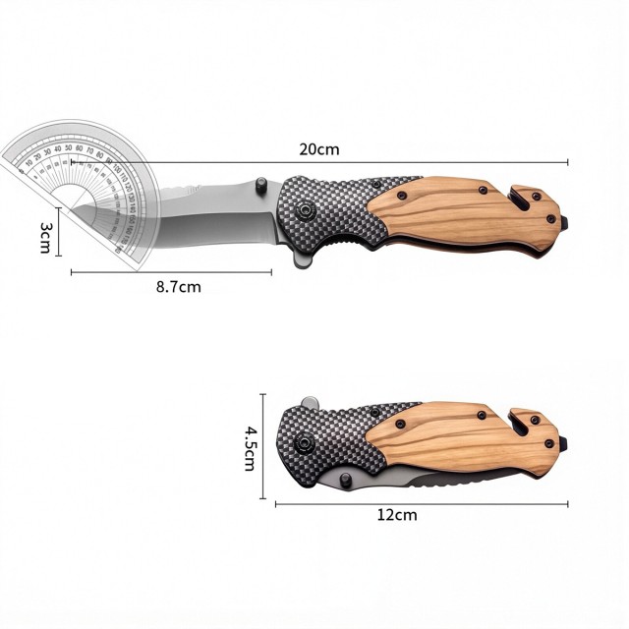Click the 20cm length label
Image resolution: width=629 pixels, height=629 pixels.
tap(319, 149)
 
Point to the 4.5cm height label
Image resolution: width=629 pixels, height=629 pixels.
tap(250, 447)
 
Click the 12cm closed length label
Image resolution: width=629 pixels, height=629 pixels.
tap(397, 515)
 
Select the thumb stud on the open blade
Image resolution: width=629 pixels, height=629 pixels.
tap(260, 185)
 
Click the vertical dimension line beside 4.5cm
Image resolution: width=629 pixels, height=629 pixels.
tap(262, 447)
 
